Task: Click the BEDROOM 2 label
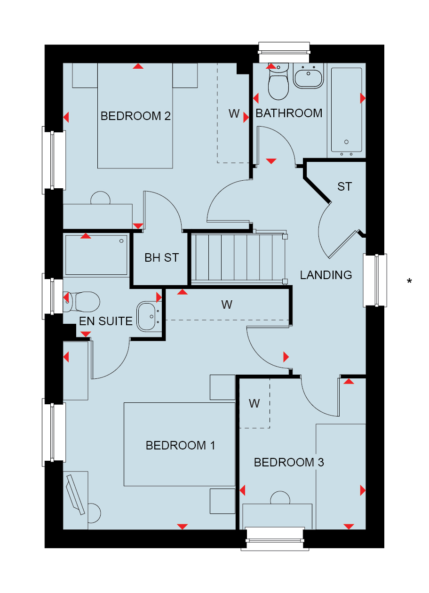[x=135, y=116]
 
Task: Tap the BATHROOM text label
[x=289, y=113]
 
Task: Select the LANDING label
[x=326, y=275]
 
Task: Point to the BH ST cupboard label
[x=162, y=258]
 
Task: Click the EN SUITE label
[x=105, y=321]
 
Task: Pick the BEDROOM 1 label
[x=181, y=446]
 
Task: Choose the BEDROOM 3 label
[x=289, y=463]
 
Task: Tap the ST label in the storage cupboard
[x=345, y=187]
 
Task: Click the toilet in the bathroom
[x=278, y=81]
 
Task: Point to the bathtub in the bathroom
[x=346, y=110]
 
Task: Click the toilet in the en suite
[x=81, y=302]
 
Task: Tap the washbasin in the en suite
[x=149, y=317]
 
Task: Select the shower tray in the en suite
[x=96, y=255]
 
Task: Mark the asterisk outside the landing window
[x=409, y=280]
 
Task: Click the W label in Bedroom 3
[x=254, y=404]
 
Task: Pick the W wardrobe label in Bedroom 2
[x=234, y=114]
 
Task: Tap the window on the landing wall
[x=375, y=280]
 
